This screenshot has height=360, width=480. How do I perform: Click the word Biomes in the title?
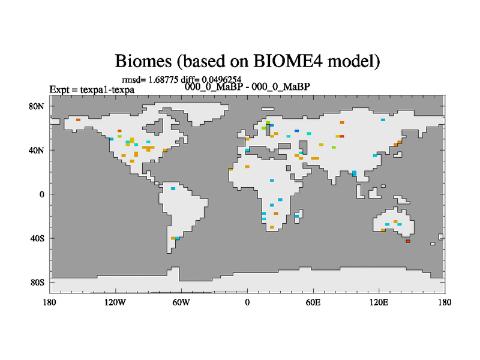pos(143,61)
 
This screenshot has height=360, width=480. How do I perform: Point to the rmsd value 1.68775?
pos(163,80)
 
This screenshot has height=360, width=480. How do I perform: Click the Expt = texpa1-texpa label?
pos(92,89)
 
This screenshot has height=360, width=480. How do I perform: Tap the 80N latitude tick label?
pos(37,107)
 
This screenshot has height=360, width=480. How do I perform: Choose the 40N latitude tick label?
pos(37,151)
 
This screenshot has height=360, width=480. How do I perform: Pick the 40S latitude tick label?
pos(37,238)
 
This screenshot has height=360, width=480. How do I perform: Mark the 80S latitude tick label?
pos(37,282)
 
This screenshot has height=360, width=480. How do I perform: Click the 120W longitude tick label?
pos(115,302)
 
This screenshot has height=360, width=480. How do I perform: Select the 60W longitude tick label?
pos(181,302)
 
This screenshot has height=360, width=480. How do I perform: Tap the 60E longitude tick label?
pos(313,302)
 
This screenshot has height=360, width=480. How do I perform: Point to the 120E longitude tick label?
pos(379,302)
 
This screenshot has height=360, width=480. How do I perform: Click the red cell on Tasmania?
pos(408,241)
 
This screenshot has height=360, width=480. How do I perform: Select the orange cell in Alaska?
pos(79,119)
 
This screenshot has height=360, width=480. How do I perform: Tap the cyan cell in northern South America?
pos(173,188)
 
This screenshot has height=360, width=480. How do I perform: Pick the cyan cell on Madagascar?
pos(296,216)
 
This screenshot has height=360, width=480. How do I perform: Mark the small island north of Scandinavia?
pos(268,109)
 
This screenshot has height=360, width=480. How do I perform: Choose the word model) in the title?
pos(353,61)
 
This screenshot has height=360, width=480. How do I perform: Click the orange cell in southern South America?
pos(173,238)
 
